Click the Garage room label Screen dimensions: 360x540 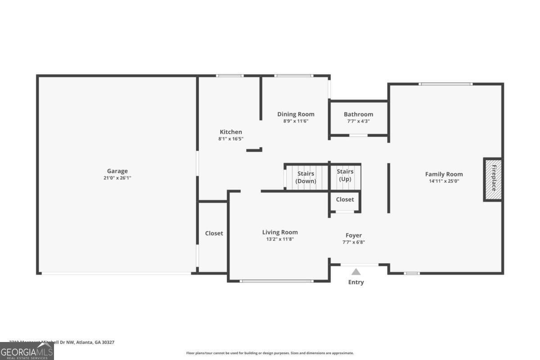tap(117, 171)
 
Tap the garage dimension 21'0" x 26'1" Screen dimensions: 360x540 tap(117, 178)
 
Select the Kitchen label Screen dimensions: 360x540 tap(231, 132)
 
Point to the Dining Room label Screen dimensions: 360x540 tap(296, 114)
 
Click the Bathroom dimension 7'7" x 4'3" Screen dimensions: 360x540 tap(358, 121)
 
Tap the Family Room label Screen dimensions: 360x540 tap(444, 174)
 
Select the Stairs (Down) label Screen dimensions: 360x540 tap(306, 177)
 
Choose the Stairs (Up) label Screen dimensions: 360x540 tap(345, 175)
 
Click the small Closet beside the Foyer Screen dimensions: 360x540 tap(345, 199)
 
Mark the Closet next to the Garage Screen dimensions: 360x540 tap(214, 233)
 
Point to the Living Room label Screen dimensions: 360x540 tap(280, 232)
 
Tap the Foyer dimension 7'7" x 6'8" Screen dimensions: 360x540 tap(354, 242)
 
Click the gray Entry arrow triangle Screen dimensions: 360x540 tap(356, 272)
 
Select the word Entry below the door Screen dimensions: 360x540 tap(356, 282)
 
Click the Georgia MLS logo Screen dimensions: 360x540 tap(27, 351)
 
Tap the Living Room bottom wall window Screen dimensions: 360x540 tap(276, 281)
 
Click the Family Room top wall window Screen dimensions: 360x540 tap(445, 84)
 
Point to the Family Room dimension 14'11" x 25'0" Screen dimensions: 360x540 tap(444, 181)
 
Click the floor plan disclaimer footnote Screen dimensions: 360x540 tap(270, 353)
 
